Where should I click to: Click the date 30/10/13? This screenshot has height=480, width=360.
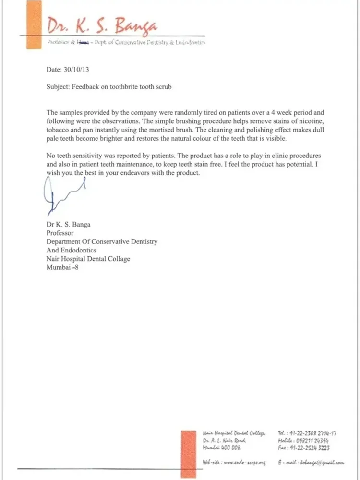pyautogui.click(x=76, y=70)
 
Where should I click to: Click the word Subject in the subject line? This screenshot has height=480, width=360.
pyautogui.click(x=58, y=87)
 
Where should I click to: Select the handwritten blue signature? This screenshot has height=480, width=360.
pyautogui.click(x=62, y=194)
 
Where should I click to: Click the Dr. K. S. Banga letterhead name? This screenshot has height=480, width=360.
pyautogui.click(x=102, y=25)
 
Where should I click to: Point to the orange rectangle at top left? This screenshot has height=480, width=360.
pyautogui.click(x=33, y=25)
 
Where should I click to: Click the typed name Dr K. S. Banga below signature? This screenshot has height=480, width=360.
pyautogui.click(x=68, y=225)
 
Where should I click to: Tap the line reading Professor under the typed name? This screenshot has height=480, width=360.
pyautogui.click(x=60, y=233)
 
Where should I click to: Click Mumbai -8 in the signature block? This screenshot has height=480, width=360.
pyautogui.click(x=62, y=268)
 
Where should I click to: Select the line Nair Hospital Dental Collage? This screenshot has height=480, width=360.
pyautogui.click(x=88, y=259)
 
